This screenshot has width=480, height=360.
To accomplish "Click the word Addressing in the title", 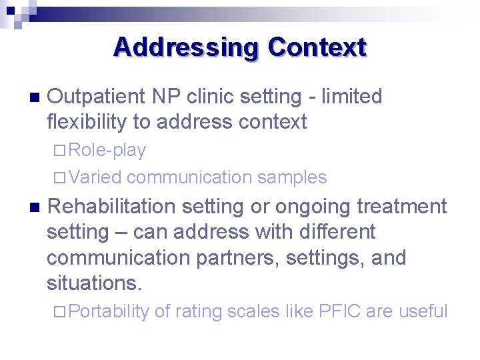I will [186, 48].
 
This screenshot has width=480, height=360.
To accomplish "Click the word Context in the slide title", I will [317, 48].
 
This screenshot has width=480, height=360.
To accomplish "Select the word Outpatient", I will [97, 97].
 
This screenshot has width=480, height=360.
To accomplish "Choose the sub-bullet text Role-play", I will [107, 151].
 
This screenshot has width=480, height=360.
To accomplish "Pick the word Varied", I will [95, 177].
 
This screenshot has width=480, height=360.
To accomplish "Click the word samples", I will [292, 177].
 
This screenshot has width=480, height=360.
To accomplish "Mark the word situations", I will [94, 283].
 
